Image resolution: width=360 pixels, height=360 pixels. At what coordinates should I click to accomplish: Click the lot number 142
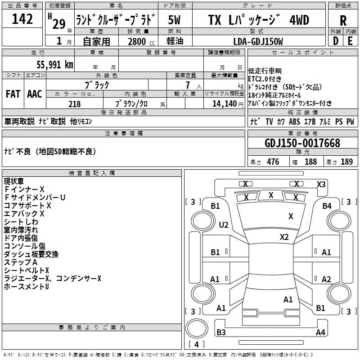tap(22, 18)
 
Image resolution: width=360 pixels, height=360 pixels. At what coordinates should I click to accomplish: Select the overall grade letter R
tap(343, 21)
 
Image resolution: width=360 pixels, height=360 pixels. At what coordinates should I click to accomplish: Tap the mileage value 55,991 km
tap(54, 65)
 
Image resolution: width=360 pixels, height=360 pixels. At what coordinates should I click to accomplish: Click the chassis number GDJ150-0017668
tap(302, 143)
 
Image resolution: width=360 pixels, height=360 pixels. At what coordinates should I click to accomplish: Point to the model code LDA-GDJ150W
tap(258, 41)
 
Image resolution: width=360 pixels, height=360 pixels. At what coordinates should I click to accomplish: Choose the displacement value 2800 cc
tap(141, 41)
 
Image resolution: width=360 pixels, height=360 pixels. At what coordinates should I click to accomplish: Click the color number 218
tap(74, 104)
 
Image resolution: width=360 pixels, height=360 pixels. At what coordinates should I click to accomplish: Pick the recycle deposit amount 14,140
tap(225, 104)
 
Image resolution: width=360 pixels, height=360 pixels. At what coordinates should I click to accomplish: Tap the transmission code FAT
tap(13, 94)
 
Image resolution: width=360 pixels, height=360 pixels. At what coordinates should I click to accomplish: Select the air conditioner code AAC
tap(35, 94)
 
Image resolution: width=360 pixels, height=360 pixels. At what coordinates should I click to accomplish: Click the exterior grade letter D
tap(336, 41)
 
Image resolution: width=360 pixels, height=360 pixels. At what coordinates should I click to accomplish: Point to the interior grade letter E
tap(350, 41)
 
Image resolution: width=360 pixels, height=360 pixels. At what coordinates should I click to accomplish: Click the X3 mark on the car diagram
tap(321, 184)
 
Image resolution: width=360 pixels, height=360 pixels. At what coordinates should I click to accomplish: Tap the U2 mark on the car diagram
tap(224, 225)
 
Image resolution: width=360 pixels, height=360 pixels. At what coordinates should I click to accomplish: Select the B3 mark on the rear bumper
tap(221, 332)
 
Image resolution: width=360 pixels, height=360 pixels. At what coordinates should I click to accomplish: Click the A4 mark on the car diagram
tap(320, 332)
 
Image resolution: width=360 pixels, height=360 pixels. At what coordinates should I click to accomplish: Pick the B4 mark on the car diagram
tap(327, 206)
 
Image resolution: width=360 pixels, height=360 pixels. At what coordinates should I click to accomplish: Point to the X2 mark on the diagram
tap(284, 237)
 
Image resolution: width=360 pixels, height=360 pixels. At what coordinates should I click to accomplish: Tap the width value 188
tap(310, 162)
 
